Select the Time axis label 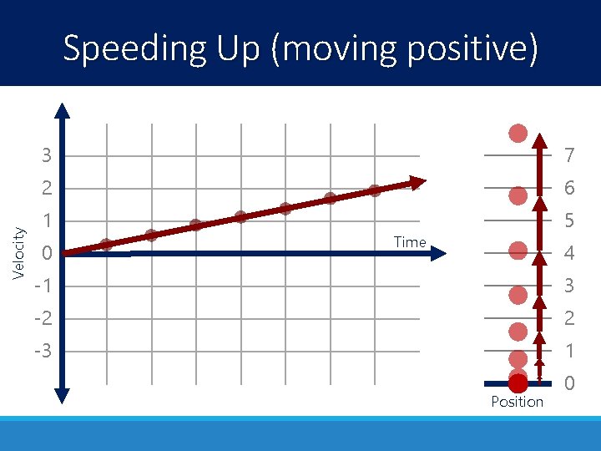410,242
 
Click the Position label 517,402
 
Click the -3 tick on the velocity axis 43,351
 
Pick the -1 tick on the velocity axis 43,286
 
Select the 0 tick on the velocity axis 48,253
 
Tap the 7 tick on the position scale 568,156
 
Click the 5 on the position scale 568,221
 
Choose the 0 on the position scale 568,383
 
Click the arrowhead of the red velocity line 418,182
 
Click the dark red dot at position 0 518,383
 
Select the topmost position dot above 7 518,133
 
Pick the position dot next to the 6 518,195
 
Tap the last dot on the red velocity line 374,190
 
